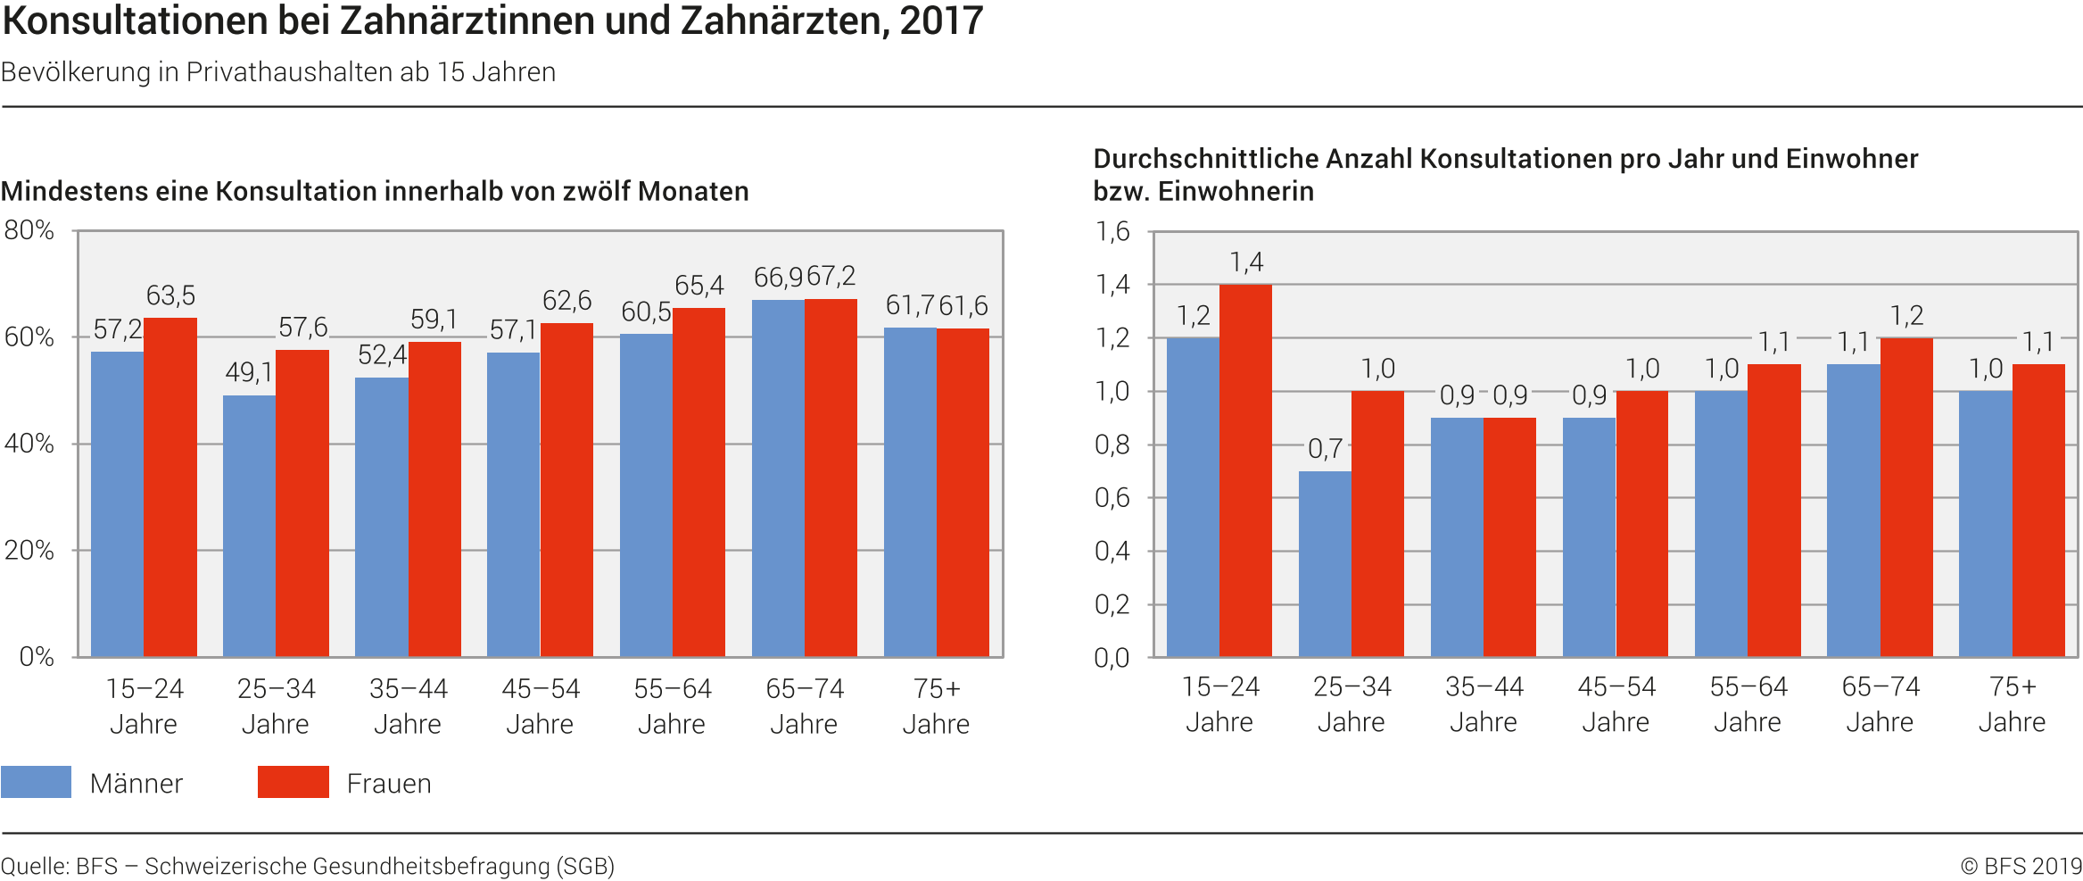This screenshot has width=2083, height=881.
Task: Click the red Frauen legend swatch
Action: pos(293,782)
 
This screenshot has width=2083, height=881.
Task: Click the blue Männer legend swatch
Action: pos(36,782)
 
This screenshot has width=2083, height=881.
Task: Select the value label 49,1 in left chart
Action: pos(248,372)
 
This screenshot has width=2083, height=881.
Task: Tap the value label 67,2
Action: pos(831,277)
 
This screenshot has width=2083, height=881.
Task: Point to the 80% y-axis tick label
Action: pos(29,230)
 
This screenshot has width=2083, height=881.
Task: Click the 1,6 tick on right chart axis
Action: pos(1112,232)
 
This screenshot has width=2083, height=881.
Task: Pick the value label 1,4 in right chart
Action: pos(1246,262)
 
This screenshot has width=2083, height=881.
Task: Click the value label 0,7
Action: pos(1325,449)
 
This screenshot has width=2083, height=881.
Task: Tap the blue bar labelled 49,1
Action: pos(249,527)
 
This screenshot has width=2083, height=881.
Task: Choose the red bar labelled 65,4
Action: pos(698,482)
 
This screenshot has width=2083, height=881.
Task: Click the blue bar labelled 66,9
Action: pos(778,478)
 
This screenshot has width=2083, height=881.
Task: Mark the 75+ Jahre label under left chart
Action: pos(936,706)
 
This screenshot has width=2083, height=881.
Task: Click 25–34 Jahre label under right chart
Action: pos(1351,704)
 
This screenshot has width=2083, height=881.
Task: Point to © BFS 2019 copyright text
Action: pos(2021,866)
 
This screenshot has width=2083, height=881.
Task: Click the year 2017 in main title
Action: pos(941,21)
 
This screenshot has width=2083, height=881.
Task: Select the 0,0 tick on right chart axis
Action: pos(1112,658)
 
